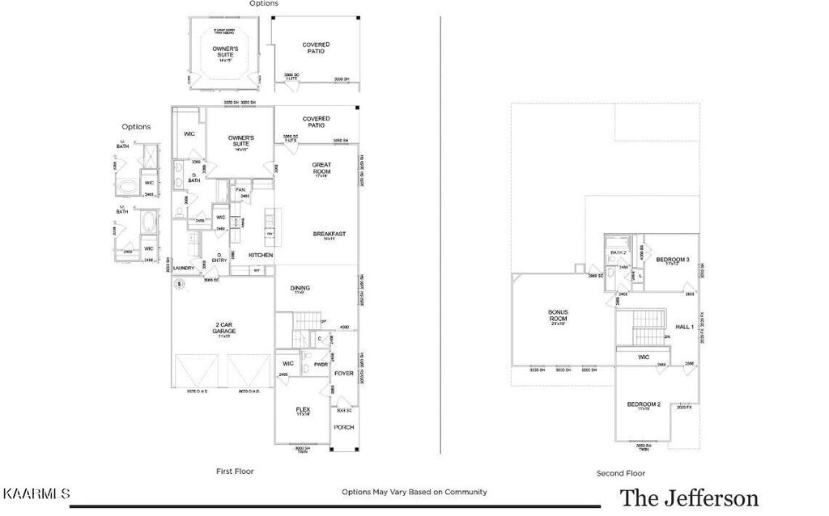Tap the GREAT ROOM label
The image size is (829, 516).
click(322, 168)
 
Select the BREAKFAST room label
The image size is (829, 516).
click(330, 234)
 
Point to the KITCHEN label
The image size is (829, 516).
click(260, 255)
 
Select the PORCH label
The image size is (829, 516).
click(344, 427)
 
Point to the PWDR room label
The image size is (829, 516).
click(320, 364)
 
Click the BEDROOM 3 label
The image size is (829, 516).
click(672, 260)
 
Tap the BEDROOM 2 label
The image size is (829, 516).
click(644, 405)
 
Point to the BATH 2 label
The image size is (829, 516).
click(619, 252)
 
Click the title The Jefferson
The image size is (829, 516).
click(689, 497)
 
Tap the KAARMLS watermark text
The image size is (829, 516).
click(36, 493)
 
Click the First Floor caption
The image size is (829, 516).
click(235, 470)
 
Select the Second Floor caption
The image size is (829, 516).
click(621, 473)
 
